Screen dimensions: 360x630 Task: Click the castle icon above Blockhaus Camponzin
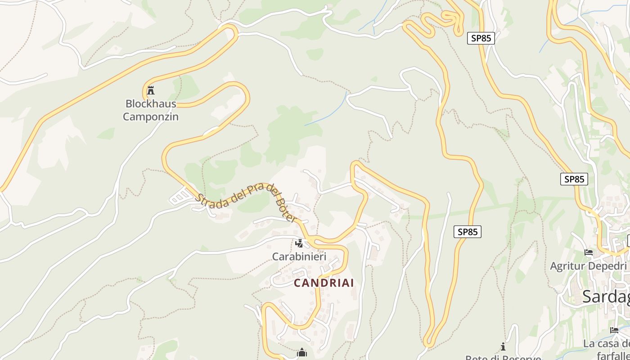[151, 90]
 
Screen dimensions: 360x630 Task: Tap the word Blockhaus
[150, 103]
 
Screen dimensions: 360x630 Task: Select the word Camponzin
[150, 117]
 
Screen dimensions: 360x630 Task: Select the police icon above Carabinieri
[299, 243]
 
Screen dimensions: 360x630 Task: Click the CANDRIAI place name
[324, 283]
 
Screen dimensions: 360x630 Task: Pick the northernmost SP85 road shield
[481, 38]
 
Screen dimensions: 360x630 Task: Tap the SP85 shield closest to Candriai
[467, 232]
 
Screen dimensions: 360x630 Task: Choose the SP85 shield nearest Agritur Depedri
[574, 179]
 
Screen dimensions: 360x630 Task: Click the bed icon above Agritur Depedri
[588, 252]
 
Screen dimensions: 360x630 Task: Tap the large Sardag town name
[606, 297]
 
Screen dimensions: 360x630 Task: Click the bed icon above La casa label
[614, 330]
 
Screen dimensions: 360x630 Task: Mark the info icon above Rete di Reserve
[503, 346]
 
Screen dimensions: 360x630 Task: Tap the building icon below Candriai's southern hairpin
[301, 353]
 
